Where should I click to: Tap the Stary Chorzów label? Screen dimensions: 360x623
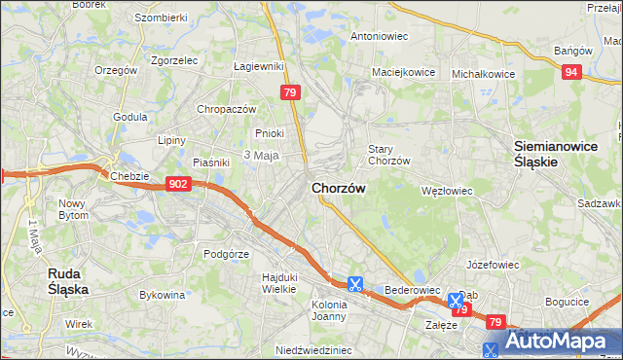[388, 155]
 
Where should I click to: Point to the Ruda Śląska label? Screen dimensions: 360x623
[69, 281]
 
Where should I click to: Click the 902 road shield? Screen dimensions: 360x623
[177, 183]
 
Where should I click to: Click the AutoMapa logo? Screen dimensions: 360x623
[552, 342]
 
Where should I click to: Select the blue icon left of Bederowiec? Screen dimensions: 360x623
[355, 284]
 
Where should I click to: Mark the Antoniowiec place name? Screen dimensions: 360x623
[379, 36]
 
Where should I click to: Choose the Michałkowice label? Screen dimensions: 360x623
[483, 73]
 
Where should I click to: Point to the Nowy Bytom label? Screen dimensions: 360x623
[73, 209]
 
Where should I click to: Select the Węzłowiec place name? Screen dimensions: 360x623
[446, 191]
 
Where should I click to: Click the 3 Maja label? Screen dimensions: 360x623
[261, 156]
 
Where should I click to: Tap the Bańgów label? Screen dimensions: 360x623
[572, 51]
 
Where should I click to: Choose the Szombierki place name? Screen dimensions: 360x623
[161, 18]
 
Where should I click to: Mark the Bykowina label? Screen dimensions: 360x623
[163, 293]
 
